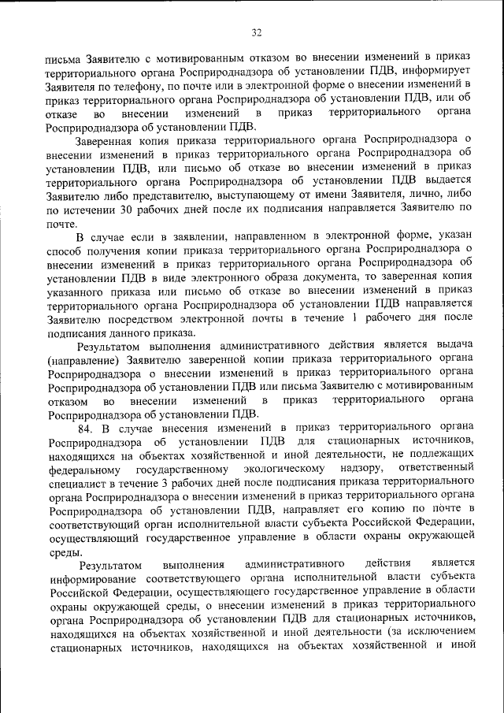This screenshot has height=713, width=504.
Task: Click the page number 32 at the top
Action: point(257,32)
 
